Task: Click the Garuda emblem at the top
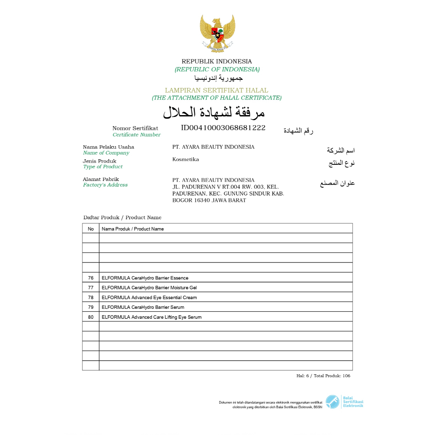[x=217, y=33]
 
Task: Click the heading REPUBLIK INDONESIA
[x=217, y=62]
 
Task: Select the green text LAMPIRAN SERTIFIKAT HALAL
[x=217, y=90]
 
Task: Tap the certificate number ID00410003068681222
[x=223, y=127]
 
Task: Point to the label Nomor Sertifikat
[x=135, y=128]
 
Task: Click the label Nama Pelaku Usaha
[x=108, y=147]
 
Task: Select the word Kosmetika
[x=185, y=160]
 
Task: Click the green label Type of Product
[x=103, y=167]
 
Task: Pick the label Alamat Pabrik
[x=101, y=179]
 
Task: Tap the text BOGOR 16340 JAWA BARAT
[x=209, y=200]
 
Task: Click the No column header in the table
[x=90, y=229]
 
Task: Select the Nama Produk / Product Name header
[x=133, y=229]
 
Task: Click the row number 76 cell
[x=90, y=278]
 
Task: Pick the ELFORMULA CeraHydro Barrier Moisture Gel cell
[x=149, y=288]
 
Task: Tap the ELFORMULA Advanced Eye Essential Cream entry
[x=149, y=297]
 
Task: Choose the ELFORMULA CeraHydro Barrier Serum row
[x=143, y=307]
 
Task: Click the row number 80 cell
[x=90, y=317]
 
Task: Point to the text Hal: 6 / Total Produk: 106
[x=323, y=376]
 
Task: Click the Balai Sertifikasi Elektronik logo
[x=345, y=402]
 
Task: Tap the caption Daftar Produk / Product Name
[x=122, y=217]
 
